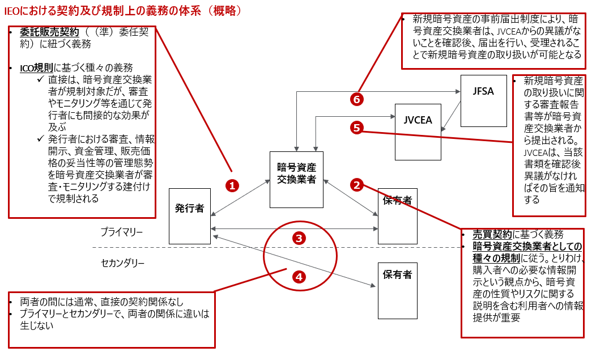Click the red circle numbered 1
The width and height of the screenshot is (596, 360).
point(232,185)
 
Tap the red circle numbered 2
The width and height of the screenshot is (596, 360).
point(356,184)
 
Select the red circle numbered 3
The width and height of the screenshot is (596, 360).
point(300,238)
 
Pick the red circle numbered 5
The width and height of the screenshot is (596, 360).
point(356,128)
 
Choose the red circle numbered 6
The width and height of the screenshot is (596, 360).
point(356,99)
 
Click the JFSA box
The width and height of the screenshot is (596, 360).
point(483,100)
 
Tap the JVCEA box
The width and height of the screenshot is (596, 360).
point(418,132)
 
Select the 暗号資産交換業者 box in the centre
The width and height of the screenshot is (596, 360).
point(296,179)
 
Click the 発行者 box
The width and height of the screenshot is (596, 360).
point(190,216)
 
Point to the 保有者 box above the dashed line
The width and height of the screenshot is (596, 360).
point(397,216)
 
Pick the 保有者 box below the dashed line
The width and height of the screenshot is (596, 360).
point(397,290)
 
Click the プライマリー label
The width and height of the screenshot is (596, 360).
point(122,232)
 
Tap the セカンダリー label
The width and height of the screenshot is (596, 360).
point(123,263)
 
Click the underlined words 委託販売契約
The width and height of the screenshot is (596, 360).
point(49,32)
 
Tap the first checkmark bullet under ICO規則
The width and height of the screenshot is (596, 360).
point(40,80)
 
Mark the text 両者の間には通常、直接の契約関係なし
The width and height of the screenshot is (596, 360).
point(101,302)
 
